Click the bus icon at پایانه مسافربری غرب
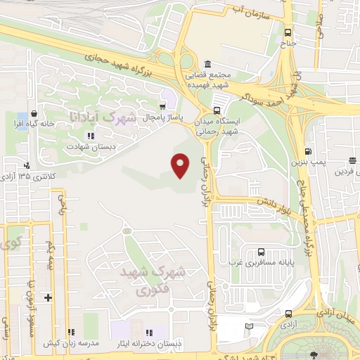coord(261,252)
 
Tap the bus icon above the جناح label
coord(287,32)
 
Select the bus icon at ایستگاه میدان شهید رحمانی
coord(217,110)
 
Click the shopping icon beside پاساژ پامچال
coord(162,105)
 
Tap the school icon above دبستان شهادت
coord(90,136)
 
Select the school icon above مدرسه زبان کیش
coord(70,331)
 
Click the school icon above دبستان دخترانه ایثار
coord(149,331)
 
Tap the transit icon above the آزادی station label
coord(288,314)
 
